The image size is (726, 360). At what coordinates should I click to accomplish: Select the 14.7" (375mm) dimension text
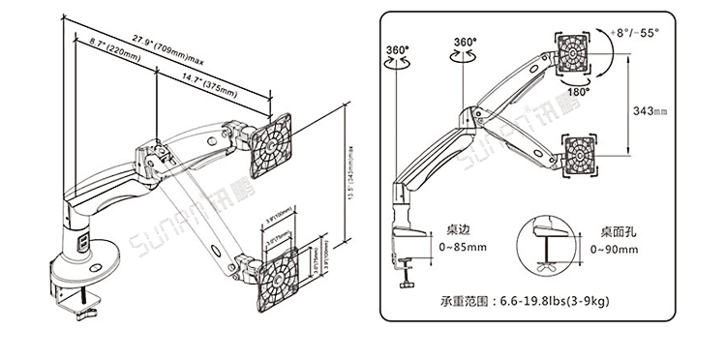[x=207, y=84]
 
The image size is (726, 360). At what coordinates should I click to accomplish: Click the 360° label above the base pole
[x=397, y=49]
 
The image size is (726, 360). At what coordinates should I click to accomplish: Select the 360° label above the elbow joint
[x=465, y=43]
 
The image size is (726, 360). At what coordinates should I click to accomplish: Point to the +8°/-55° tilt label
[x=636, y=32]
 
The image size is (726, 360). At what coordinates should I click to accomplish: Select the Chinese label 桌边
[x=459, y=233]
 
